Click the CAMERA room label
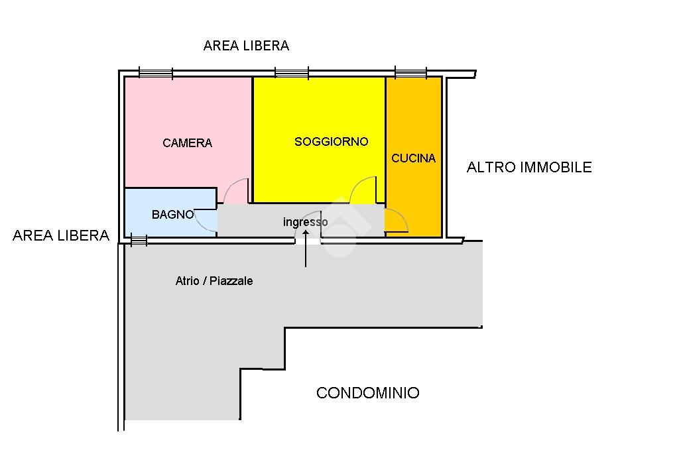click(187, 143)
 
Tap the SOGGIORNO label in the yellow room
click(331, 142)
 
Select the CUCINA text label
click(414, 158)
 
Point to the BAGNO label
click(172, 215)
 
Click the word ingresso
click(305, 222)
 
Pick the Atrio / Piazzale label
click(214, 281)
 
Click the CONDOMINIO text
click(367, 393)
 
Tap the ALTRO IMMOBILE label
click(528, 167)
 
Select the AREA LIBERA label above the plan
click(246, 46)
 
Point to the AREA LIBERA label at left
click(61, 235)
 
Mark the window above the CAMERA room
click(155, 73)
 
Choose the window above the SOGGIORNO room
click(292, 73)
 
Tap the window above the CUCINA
click(411, 73)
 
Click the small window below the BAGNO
click(139, 240)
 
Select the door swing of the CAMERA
click(235, 192)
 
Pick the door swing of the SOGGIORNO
click(363, 190)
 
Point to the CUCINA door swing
click(397, 221)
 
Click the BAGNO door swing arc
click(206, 221)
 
